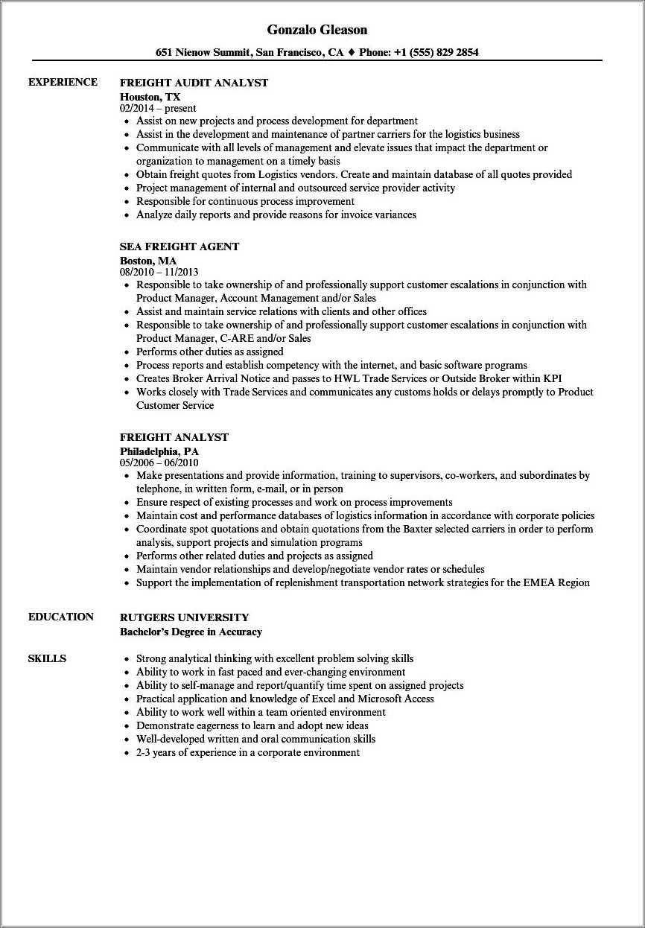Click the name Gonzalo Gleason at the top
click(x=317, y=30)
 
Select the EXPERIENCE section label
click(x=63, y=82)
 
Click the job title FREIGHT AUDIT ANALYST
click(x=194, y=83)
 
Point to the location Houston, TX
click(x=150, y=96)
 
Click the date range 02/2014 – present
click(x=158, y=108)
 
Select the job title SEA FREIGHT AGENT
click(x=179, y=247)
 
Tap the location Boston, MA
click(x=148, y=261)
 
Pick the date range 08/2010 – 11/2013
click(x=159, y=273)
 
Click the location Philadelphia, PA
click(x=159, y=451)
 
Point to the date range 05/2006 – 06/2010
click(x=159, y=463)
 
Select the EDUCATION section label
click(x=61, y=617)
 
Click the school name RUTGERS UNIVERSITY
click(x=184, y=617)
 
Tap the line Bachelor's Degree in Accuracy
click(x=191, y=632)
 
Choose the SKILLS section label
click(x=47, y=658)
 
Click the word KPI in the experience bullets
click(x=552, y=378)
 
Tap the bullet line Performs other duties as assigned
click(x=209, y=352)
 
